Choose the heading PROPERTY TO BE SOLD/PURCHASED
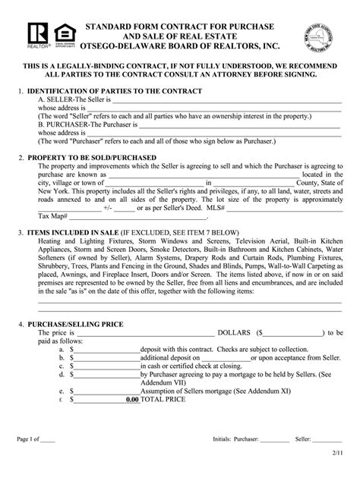point(91,158)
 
